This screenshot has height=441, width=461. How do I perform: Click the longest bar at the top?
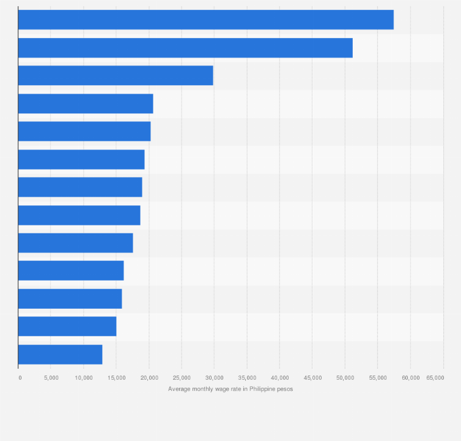[x=205, y=20]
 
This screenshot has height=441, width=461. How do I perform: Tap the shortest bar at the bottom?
[x=60, y=355]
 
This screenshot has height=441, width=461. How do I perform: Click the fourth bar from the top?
[x=86, y=104]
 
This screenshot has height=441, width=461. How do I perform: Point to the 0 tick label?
[x=20, y=378]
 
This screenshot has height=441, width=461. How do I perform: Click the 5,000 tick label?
[x=51, y=378]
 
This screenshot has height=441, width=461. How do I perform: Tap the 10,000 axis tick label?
[x=84, y=378]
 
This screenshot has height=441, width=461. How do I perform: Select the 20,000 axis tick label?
[x=149, y=378]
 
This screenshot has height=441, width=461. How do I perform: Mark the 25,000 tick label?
[x=182, y=378]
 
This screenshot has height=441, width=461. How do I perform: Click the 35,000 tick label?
[x=247, y=378]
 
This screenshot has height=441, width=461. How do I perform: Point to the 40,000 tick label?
[x=279, y=378]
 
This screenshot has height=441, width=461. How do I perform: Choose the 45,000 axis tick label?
[x=312, y=378]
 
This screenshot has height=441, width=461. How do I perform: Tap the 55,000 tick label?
[x=378, y=378]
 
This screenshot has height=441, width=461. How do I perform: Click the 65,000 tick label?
[x=435, y=378]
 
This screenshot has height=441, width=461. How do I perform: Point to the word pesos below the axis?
[x=285, y=389]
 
